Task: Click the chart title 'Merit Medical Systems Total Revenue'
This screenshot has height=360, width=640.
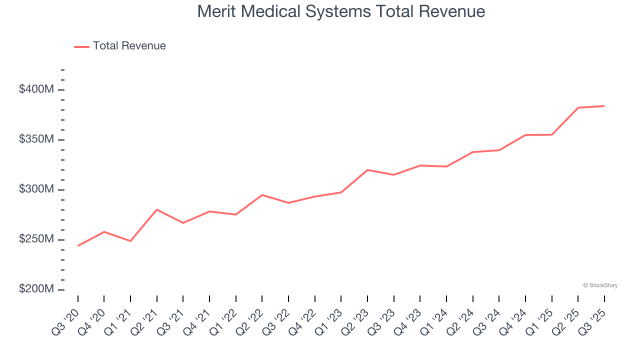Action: tap(341, 11)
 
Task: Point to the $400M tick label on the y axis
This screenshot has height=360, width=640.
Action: tap(36, 89)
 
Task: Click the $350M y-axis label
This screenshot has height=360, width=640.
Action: tap(36, 139)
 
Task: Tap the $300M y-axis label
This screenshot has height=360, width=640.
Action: tap(36, 189)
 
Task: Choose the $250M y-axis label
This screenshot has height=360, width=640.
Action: tap(36, 239)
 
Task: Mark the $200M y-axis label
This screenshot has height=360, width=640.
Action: tap(36, 289)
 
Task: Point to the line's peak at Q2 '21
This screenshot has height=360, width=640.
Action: tap(157, 209)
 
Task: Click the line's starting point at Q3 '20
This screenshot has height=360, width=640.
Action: tap(78, 245)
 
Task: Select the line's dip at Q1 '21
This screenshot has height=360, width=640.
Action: tap(130, 241)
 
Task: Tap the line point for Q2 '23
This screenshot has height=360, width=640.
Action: tap(367, 170)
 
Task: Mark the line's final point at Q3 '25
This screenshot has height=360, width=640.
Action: tap(604, 106)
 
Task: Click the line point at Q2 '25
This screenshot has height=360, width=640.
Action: tap(578, 107)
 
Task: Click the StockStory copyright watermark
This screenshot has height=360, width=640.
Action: tap(600, 285)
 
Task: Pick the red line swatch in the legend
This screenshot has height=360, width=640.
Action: tap(81, 46)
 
